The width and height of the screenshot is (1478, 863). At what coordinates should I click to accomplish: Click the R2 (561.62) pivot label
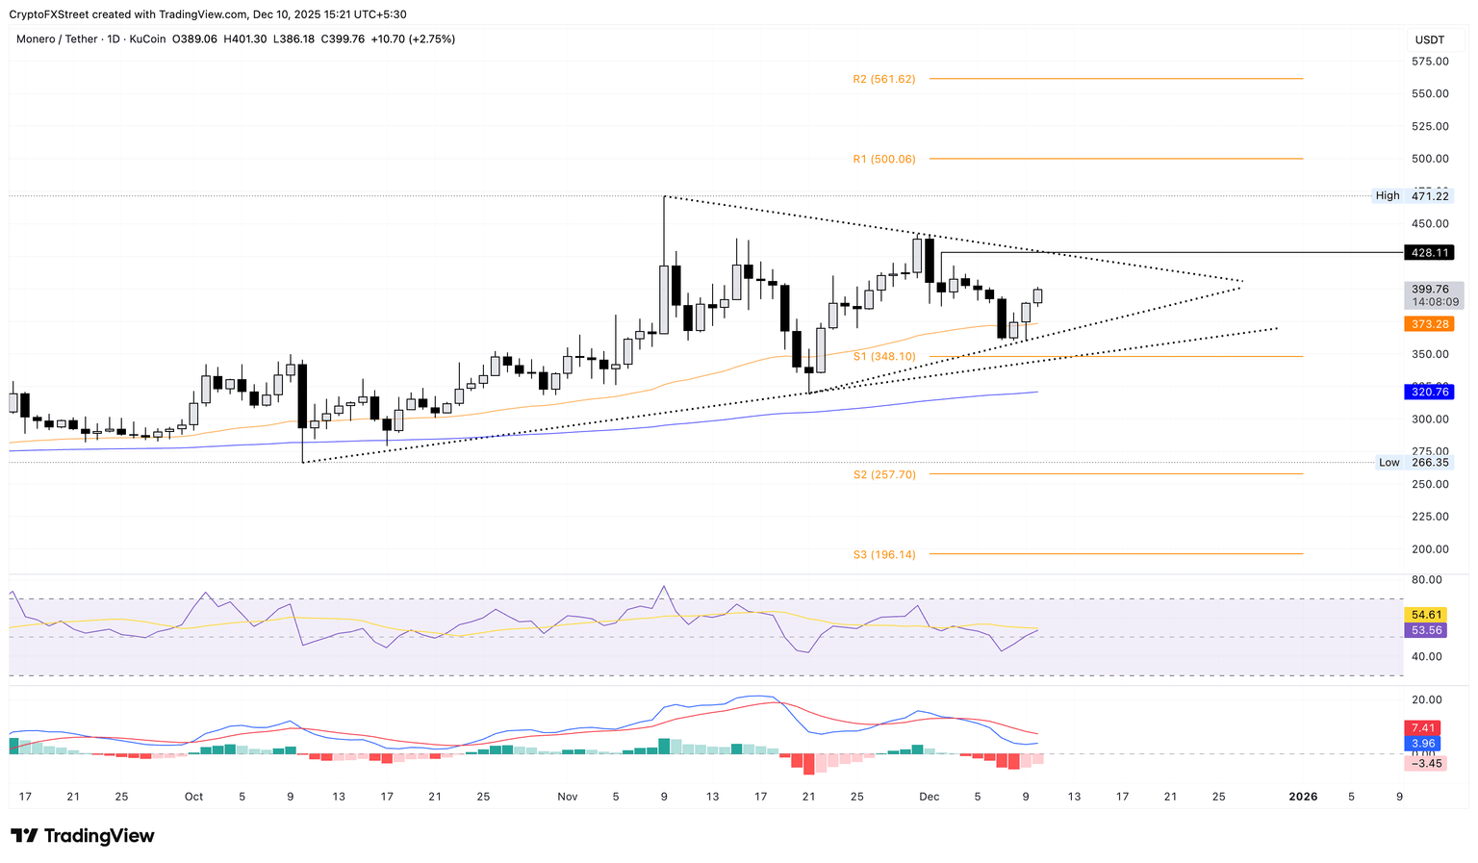[x=883, y=79]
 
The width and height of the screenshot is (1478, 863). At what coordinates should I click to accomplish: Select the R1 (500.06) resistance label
[x=883, y=159]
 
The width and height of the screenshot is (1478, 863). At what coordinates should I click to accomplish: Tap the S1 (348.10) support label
[x=883, y=357]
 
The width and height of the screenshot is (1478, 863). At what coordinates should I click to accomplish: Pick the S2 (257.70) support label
[x=883, y=474]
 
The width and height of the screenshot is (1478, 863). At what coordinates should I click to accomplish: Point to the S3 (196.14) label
[x=883, y=554]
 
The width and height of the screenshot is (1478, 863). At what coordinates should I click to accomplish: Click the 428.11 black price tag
[x=1429, y=252]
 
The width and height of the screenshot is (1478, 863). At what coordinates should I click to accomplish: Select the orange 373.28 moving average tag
[x=1429, y=324]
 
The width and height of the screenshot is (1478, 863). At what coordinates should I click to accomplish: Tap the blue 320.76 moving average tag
[x=1429, y=392]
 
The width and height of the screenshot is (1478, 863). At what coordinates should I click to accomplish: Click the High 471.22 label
[x=1412, y=195]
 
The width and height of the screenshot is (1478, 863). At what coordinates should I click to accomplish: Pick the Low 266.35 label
[x=1413, y=462]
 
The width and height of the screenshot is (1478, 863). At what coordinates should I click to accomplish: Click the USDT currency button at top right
[x=1429, y=39]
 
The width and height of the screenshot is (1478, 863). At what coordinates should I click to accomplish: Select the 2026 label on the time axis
[x=1303, y=797]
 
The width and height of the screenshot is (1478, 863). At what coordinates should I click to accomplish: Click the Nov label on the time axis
[x=567, y=797]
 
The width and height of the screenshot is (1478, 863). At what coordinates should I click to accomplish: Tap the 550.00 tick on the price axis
[x=1429, y=93]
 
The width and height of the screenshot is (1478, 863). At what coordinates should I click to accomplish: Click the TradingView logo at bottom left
[x=83, y=836]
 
